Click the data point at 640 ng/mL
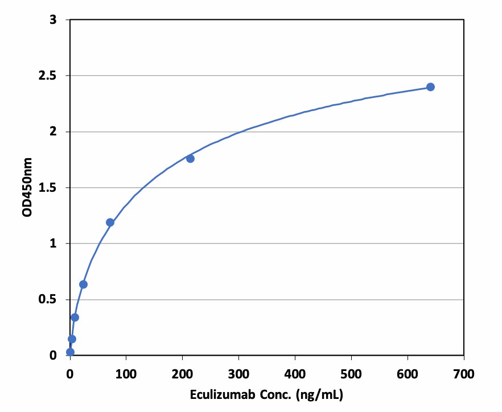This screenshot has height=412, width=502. [430, 87]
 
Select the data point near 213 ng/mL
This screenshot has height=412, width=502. [190, 158]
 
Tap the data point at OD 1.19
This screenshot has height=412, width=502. [110, 222]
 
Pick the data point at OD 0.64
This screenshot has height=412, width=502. [83, 284]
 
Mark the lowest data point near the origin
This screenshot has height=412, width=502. [70, 352]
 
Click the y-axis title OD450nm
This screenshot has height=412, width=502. [27, 187]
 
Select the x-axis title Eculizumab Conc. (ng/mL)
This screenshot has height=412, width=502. [266, 394]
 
